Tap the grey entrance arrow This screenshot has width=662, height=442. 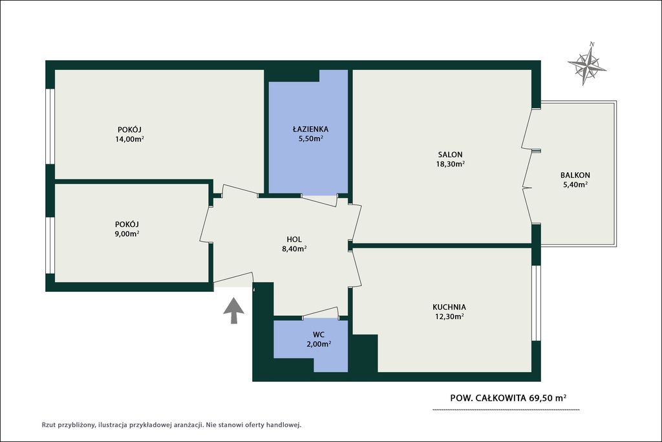233,311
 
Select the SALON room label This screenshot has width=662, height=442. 450,155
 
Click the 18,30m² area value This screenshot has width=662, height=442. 450,164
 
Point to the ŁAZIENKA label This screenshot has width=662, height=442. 311,129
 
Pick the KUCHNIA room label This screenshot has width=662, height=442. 449,307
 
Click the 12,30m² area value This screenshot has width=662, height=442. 449,316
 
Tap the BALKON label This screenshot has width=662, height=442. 575,175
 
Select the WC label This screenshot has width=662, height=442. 319,335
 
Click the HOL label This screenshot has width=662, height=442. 294,239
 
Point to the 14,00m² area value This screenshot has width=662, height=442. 129,138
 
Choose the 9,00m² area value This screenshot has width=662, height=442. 127,234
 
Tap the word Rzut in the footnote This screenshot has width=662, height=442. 48,425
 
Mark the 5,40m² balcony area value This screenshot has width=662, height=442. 575,184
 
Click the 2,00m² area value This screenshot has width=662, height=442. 319,344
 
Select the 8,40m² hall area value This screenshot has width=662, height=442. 294,249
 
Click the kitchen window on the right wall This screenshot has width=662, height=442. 536,303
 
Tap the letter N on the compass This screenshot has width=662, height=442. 592,44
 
